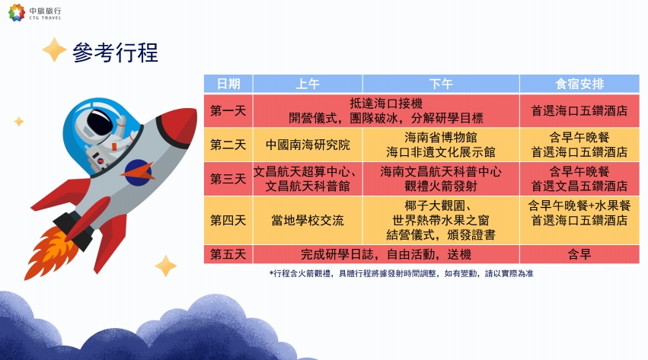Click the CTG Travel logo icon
click(17, 12)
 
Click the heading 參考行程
click(115, 53)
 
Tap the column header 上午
click(308, 84)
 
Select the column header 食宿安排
click(579, 84)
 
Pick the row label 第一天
click(228, 110)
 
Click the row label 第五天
click(228, 254)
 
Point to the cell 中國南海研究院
click(308, 145)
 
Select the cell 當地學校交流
click(308, 220)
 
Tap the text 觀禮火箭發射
click(441, 186)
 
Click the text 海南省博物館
click(441, 137)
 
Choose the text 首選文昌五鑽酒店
click(579, 186)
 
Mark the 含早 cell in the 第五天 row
click(579, 254)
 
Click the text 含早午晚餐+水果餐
click(579, 205)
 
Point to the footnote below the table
click(401, 273)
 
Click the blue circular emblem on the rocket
click(139, 172)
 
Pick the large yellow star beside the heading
click(54, 50)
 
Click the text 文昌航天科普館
click(308, 186)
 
